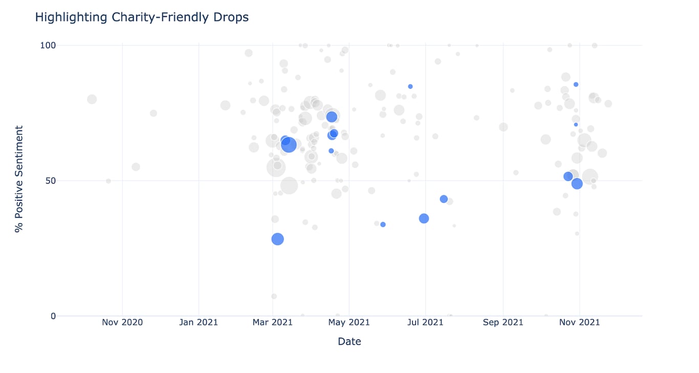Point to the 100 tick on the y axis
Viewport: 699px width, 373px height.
(x=48, y=45)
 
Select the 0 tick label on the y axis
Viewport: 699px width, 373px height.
(x=53, y=316)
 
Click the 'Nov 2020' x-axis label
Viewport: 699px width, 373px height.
(x=122, y=322)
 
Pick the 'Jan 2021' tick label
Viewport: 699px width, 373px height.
(x=199, y=322)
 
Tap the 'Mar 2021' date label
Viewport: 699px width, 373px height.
(x=273, y=322)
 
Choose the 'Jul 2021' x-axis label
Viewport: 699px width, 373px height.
(x=426, y=322)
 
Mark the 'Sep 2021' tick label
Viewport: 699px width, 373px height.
(x=503, y=322)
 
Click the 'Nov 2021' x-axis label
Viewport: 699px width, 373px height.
(x=580, y=322)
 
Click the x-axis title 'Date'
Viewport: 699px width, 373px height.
(x=349, y=342)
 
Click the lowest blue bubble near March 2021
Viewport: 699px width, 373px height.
(x=277, y=239)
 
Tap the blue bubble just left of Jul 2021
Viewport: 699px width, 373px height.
(x=424, y=219)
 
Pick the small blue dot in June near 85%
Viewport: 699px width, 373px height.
(x=410, y=87)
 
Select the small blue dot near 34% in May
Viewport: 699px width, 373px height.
(x=383, y=224)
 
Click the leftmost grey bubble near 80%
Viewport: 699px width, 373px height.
(x=92, y=99)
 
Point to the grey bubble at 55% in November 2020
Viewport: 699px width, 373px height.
(x=136, y=167)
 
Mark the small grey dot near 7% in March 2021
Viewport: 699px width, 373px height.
(x=274, y=296)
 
